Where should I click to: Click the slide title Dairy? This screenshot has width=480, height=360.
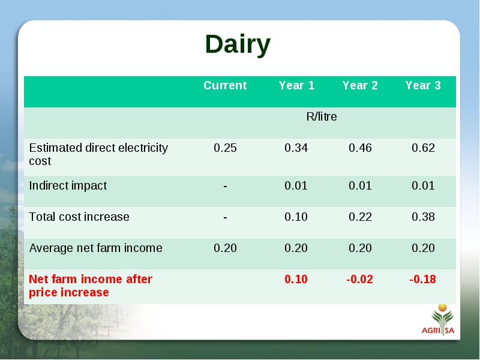[x=238, y=44]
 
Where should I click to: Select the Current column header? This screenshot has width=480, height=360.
[x=225, y=85]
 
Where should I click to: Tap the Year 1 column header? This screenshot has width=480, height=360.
[x=296, y=85]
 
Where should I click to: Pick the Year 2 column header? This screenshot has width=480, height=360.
[x=360, y=85]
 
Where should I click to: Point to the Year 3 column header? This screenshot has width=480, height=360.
[x=423, y=85]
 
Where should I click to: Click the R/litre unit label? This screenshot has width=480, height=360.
[x=322, y=116]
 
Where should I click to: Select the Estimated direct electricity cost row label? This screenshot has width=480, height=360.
[x=98, y=154]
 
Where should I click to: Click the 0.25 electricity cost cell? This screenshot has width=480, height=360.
[x=226, y=148]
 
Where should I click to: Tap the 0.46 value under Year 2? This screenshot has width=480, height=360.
[x=360, y=148]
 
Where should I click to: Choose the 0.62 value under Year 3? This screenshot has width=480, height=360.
[x=423, y=148]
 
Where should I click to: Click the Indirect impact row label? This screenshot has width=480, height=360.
[x=68, y=186]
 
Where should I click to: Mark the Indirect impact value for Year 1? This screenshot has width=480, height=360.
[x=296, y=186]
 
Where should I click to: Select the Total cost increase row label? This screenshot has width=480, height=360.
[x=79, y=217]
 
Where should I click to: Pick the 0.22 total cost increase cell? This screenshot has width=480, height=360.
[x=360, y=217]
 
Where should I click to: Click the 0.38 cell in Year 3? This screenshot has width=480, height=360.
[x=423, y=217]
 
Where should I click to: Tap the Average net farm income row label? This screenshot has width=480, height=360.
[x=95, y=248]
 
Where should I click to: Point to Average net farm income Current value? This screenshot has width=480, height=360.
[x=226, y=248]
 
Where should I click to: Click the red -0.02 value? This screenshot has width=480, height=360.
[x=359, y=279]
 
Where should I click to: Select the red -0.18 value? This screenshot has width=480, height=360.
[x=423, y=279]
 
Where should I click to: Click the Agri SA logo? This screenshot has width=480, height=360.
[x=439, y=320]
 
